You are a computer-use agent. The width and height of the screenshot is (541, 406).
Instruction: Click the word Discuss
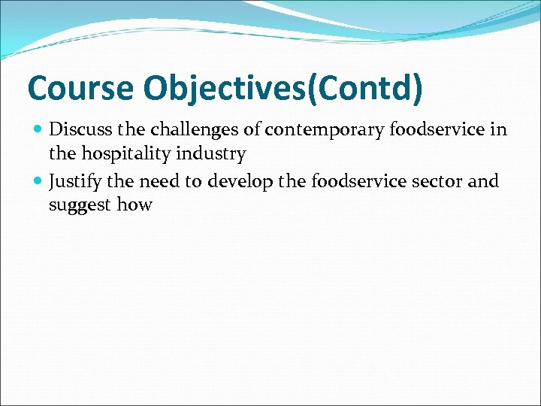click(x=75, y=129)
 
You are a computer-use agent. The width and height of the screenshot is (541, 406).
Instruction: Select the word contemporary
click(x=324, y=130)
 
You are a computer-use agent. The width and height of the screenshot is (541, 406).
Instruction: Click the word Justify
click(x=74, y=181)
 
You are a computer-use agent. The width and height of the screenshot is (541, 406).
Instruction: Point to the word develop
click(x=231, y=181)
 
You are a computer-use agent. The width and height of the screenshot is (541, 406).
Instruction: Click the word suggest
click(x=79, y=206)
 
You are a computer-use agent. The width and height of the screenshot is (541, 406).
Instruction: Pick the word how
click(x=134, y=205)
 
